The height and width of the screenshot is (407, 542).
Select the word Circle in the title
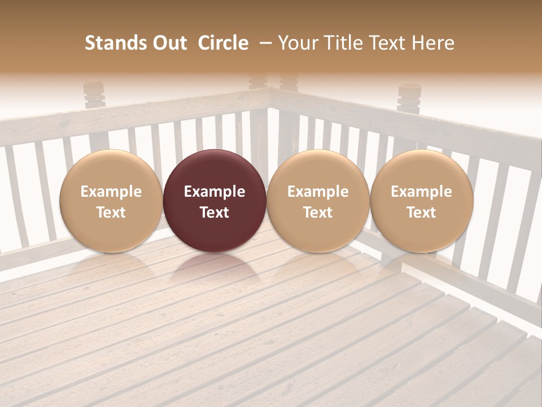[x=223, y=43]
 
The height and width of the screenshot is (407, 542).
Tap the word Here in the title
[x=433, y=43]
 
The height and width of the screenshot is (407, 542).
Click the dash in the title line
[x=264, y=43]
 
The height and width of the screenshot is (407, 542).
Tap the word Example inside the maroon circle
[x=215, y=192]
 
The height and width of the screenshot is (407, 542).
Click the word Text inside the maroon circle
[x=215, y=213]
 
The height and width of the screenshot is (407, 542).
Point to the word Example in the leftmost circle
[x=111, y=192]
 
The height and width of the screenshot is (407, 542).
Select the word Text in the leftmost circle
[x=111, y=213]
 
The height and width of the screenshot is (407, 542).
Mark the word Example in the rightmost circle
[x=422, y=192]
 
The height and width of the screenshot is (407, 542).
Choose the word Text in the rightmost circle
[x=422, y=213]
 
